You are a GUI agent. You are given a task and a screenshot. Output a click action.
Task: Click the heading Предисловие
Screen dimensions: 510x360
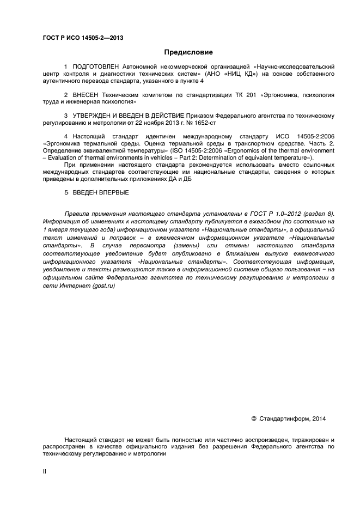click(188, 52)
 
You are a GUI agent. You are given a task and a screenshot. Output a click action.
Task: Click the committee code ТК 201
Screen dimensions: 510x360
click(236, 95)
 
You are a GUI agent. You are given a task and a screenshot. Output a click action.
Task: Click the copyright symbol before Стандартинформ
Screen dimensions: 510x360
click(254, 419)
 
